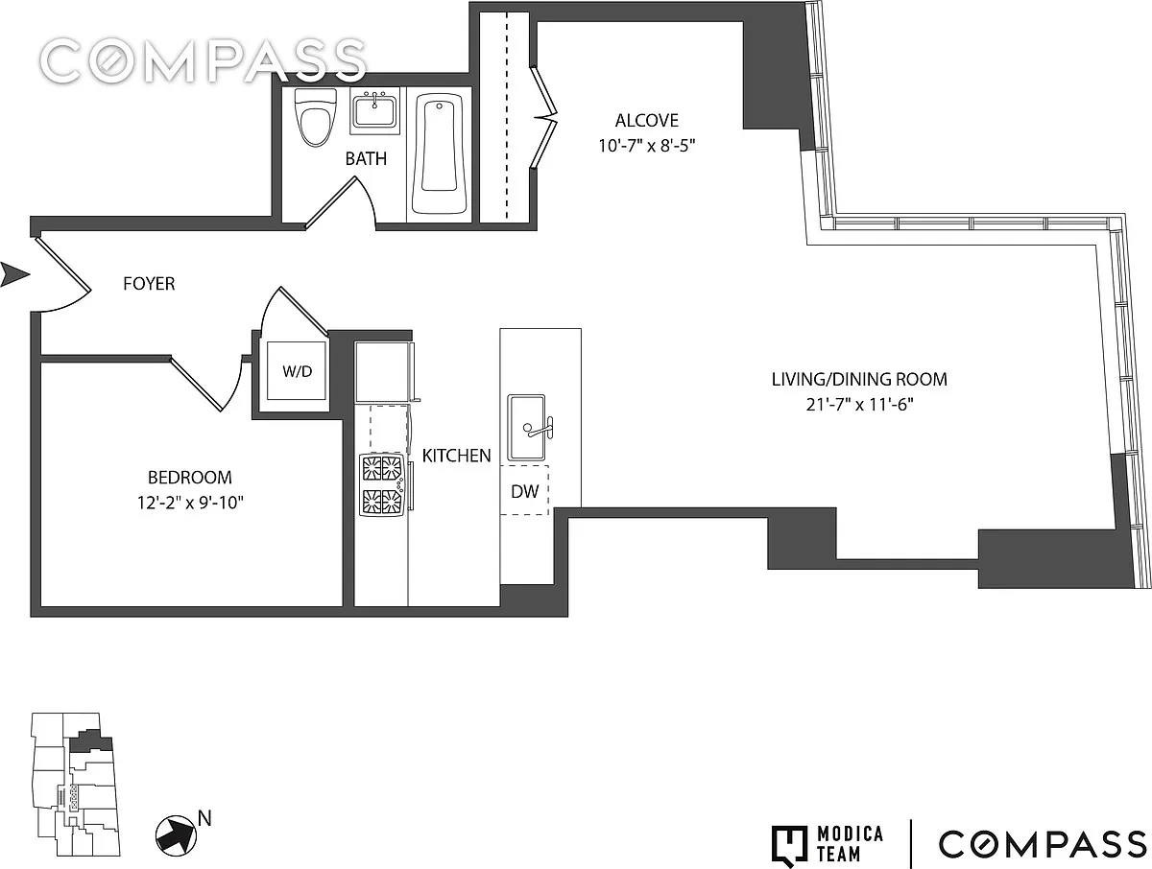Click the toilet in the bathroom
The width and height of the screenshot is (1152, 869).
(x=316, y=117)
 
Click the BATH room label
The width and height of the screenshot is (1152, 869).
(x=366, y=158)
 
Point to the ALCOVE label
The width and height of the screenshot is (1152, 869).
(x=647, y=121)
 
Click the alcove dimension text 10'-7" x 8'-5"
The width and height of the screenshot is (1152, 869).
(x=647, y=145)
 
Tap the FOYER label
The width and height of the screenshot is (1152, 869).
(x=149, y=284)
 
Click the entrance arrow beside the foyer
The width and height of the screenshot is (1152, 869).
(x=14, y=274)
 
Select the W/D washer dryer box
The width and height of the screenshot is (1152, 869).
(x=297, y=371)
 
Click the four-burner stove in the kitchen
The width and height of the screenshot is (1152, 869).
(x=382, y=484)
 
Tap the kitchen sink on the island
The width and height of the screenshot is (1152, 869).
(x=526, y=428)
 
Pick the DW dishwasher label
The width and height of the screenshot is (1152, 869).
(x=525, y=491)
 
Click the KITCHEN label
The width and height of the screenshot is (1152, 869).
(x=457, y=456)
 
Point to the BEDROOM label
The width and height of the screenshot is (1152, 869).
(x=190, y=478)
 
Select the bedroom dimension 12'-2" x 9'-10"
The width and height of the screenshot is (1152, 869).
(x=190, y=503)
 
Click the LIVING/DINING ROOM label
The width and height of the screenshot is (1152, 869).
(x=859, y=380)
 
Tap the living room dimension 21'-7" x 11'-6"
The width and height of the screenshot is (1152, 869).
(x=859, y=405)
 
